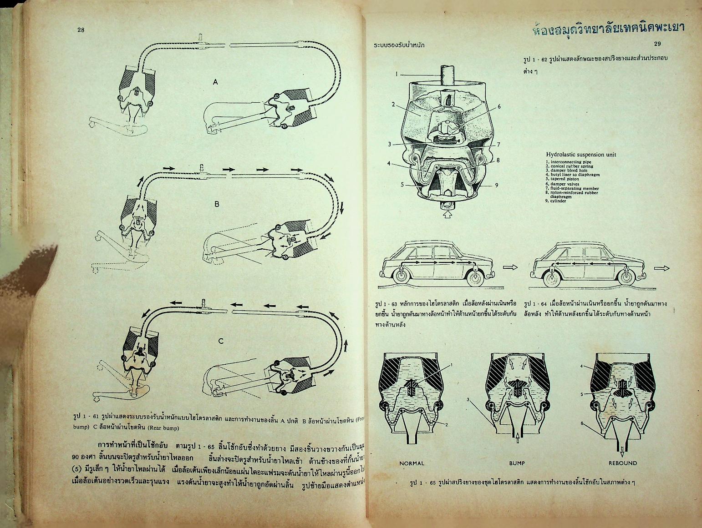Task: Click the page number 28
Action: pyautogui.click(x=81, y=30)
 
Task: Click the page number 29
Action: pyautogui.click(x=657, y=44)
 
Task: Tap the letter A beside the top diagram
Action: pyautogui.click(x=215, y=82)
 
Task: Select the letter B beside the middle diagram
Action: pyautogui.click(x=217, y=204)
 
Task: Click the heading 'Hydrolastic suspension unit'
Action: pyautogui.click(x=581, y=155)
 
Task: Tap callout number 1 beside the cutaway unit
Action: pyautogui.click(x=397, y=74)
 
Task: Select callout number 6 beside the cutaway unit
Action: pyautogui.click(x=499, y=106)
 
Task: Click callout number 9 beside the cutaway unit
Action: pyautogui.click(x=496, y=185)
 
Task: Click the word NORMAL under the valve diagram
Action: pyautogui.click(x=412, y=463)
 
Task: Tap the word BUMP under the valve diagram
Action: pyautogui.click(x=517, y=463)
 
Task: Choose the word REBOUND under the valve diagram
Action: pyautogui.click(x=623, y=463)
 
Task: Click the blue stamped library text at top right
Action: pyautogui.click(x=609, y=28)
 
